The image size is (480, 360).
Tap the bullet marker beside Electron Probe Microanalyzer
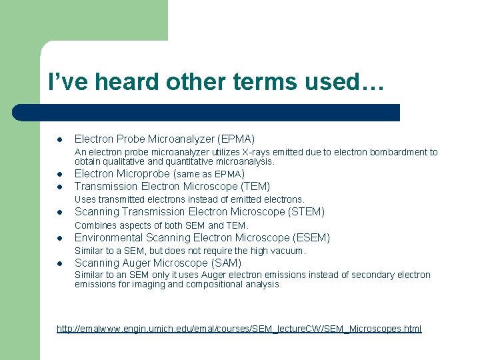pyautogui.click(x=59, y=140)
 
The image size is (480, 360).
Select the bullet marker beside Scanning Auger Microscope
pyautogui.click(x=59, y=264)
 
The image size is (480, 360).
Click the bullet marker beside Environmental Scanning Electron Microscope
pyautogui.click(x=59, y=239)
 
